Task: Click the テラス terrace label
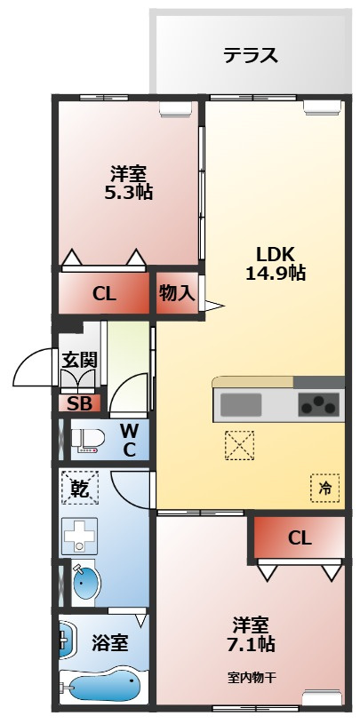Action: click(x=251, y=56)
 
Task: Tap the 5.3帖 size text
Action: click(x=129, y=192)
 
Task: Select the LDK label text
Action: click(x=275, y=251)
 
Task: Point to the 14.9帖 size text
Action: click(x=276, y=273)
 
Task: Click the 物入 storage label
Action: click(x=177, y=293)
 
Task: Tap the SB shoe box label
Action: click(x=79, y=403)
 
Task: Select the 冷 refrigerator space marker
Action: click(x=325, y=487)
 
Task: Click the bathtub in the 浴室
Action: click(x=103, y=688)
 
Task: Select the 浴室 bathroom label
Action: click(x=110, y=642)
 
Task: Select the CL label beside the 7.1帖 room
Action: click(x=300, y=537)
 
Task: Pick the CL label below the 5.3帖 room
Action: click(x=105, y=294)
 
